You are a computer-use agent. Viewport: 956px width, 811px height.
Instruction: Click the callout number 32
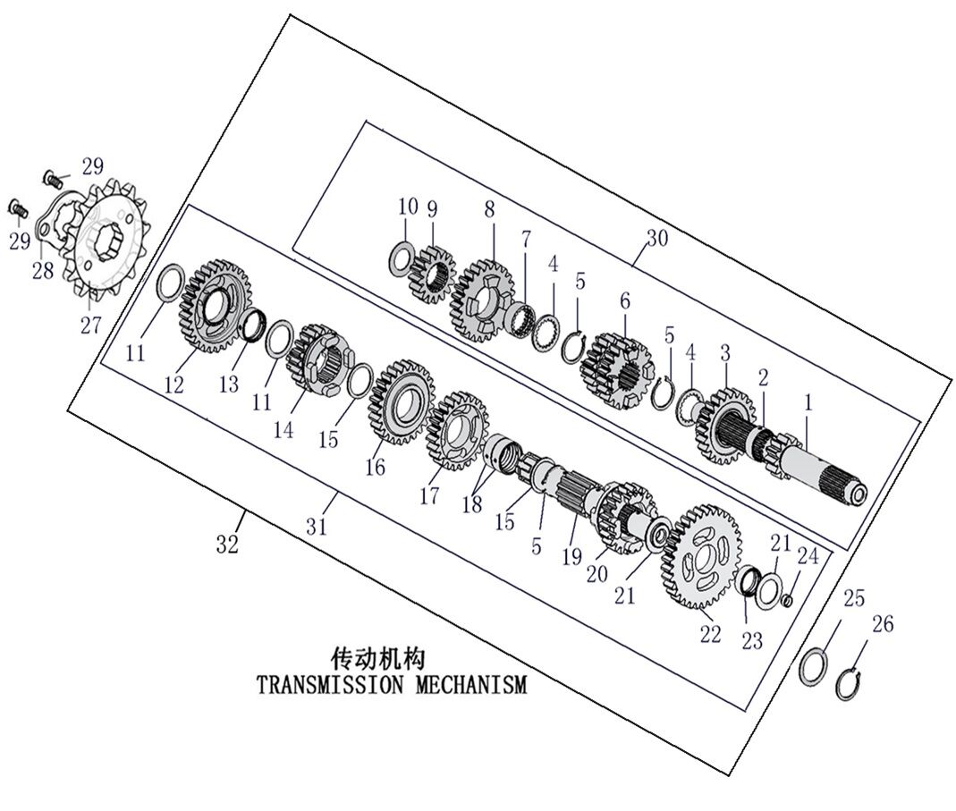coord(227,544)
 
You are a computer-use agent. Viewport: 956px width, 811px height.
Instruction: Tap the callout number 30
coord(657,239)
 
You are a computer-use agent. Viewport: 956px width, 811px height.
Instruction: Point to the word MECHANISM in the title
coord(471,686)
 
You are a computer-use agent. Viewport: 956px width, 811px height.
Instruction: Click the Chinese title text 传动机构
coord(378,660)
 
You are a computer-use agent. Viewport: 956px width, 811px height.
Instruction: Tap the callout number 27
coord(91,325)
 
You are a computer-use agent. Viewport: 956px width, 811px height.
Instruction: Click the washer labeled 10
coord(402,258)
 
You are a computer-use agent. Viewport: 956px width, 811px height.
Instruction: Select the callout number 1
coord(808,404)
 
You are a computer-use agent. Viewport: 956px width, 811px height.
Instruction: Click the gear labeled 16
coord(401,401)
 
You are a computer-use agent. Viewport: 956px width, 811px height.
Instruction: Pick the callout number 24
coord(808,556)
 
